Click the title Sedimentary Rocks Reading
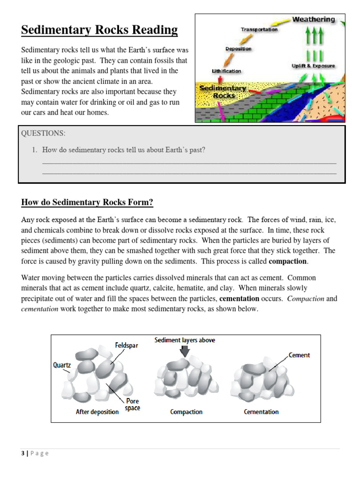(x=99, y=30)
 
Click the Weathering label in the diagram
(x=314, y=20)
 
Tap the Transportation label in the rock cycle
(x=259, y=30)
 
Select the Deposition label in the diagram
(x=238, y=49)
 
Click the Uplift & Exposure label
(x=313, y=66)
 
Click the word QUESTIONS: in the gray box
(x=43, y=133)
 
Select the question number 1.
(x=34, y=150)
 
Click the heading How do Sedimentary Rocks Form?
(x=87, y=202)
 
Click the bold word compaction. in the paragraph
(x=288, y=261)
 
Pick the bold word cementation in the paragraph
(x=239, y=299)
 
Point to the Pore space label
(x=133, y=405)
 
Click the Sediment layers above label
(x=185, y=340)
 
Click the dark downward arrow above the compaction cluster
(x=185, y=351)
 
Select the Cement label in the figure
(x=299, y=355)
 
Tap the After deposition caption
(x=97, y=412)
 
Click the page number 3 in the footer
(x=22, y=453)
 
